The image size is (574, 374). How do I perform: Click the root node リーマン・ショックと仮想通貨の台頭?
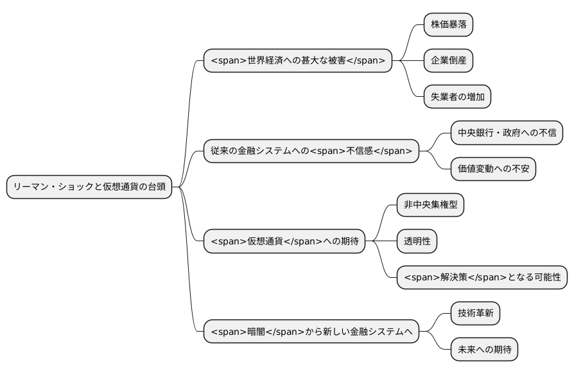tap(89, 187)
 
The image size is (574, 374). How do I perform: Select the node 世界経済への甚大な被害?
tap(297, 61)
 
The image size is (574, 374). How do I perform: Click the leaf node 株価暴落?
tap(448, 25)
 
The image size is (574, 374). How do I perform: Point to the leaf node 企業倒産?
tap(448, 61)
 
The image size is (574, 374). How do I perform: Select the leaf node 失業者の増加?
tap(457, 97)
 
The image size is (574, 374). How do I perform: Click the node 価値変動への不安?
tap(492, 169)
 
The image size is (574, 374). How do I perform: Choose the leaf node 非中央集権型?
tap(430, 205)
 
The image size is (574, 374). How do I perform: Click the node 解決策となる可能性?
tap(482, 278)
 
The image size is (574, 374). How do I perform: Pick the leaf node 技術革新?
tap(475, 314)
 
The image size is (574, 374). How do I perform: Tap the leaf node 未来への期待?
tap(484, 350)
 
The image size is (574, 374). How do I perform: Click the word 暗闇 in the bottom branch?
tap(256, 332)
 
